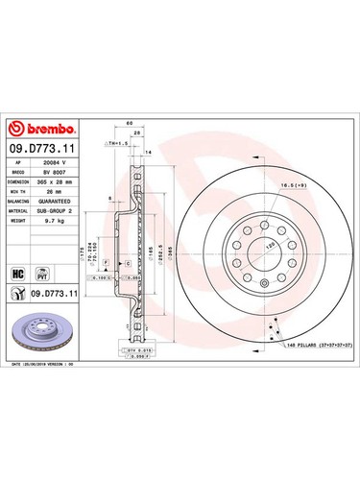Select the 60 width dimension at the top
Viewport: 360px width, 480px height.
click(129, 124)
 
